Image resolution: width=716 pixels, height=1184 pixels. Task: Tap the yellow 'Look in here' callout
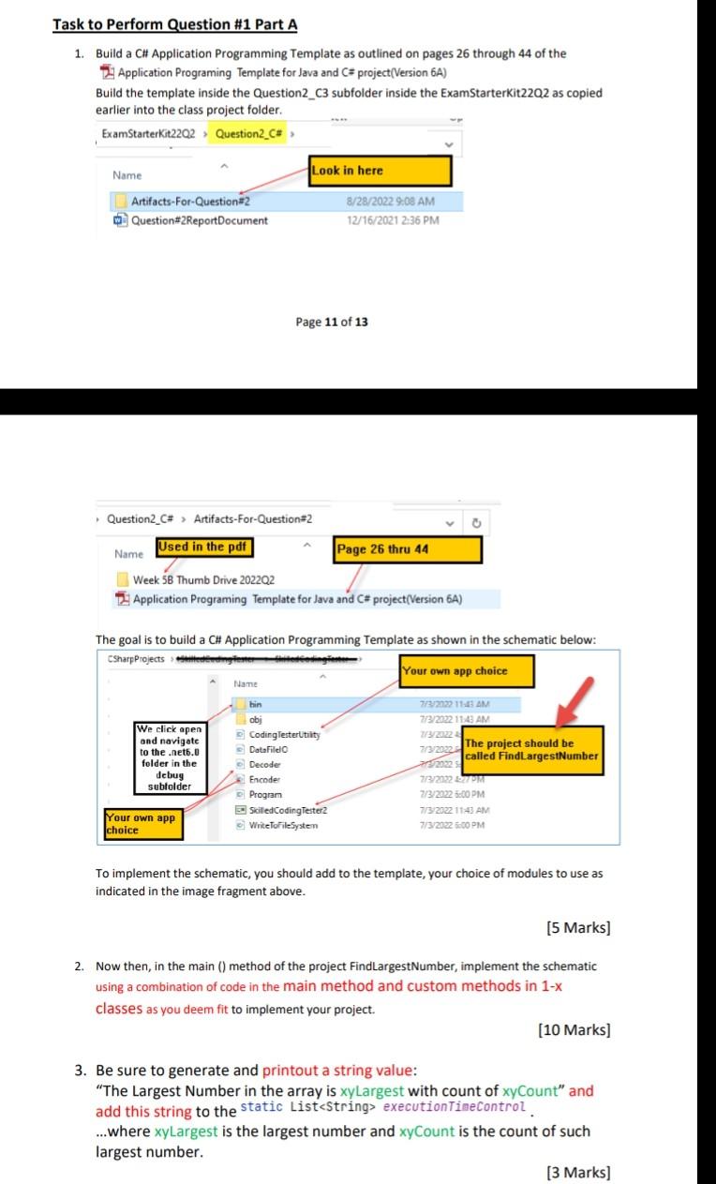click(x=380, y=171)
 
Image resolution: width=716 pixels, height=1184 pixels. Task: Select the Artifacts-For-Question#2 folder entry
click(x=191, y=202)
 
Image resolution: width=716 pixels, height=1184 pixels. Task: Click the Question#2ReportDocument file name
click(x=199, y=220)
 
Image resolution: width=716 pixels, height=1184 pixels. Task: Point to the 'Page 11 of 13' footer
click(x=332, y=322)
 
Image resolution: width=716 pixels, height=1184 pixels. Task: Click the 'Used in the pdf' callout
click(x=204, y=547)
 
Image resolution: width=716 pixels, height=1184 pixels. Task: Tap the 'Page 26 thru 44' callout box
click(x=408, y=549)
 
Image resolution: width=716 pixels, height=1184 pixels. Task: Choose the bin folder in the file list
click(x=256, y=704)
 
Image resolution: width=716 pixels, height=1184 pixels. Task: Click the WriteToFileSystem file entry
click(x=283, y=825)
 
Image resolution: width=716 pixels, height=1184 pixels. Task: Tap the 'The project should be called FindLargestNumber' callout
click(x=531, y=749)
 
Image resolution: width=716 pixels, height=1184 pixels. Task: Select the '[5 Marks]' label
click(x=577, y=928)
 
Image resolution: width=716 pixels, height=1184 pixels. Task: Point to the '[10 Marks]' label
click(x=574, y=1030)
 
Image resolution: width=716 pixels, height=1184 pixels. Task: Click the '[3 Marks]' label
click(x=577, y=1172)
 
